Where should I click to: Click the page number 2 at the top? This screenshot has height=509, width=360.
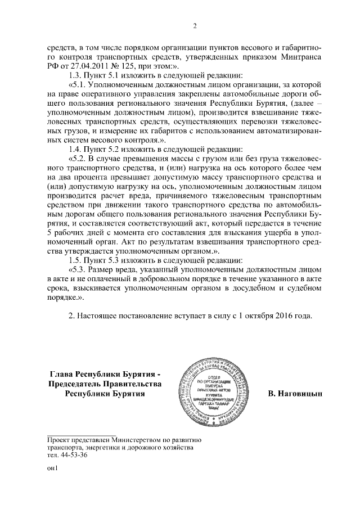(195, 25)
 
